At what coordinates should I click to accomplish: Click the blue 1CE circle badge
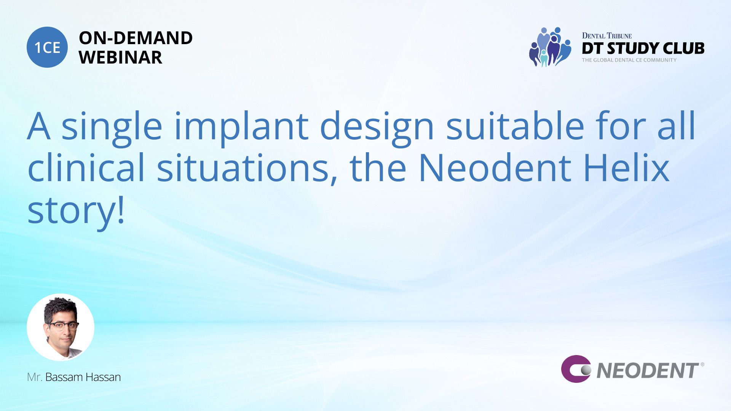47,47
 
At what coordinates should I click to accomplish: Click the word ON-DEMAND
136,38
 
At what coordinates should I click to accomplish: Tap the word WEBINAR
120,57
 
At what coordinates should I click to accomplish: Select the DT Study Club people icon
550,47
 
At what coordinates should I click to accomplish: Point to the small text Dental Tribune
607,36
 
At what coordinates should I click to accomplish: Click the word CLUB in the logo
683,48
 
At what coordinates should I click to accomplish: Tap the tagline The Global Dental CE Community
629,60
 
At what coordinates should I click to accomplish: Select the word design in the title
377,128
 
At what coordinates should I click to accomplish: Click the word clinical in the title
86,167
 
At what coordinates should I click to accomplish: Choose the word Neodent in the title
495,167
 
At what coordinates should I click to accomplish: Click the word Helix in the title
626,167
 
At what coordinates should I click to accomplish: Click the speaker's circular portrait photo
61,327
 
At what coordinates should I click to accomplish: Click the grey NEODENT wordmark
648,371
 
